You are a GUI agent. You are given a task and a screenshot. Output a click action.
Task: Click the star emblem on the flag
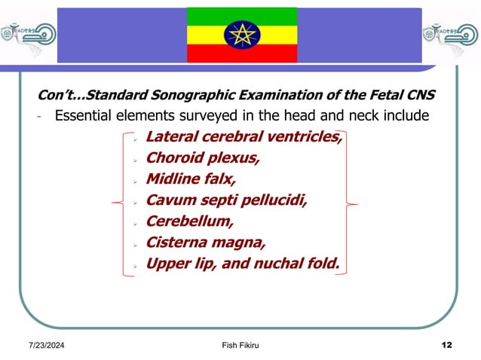coord(241,34)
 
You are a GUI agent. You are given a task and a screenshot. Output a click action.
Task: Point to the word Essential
coord(87,116)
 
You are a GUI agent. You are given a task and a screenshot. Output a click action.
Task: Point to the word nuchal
coord(280,264)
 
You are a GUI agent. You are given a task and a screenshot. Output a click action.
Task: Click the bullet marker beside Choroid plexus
coord(133,160)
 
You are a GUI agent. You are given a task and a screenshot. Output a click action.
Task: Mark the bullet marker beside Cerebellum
coord(133,224)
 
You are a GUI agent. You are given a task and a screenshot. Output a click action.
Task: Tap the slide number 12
coord(446,345)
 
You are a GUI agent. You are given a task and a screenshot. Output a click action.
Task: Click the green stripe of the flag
coord(241,14)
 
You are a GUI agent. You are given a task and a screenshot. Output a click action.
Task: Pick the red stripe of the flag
coord(241,53)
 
